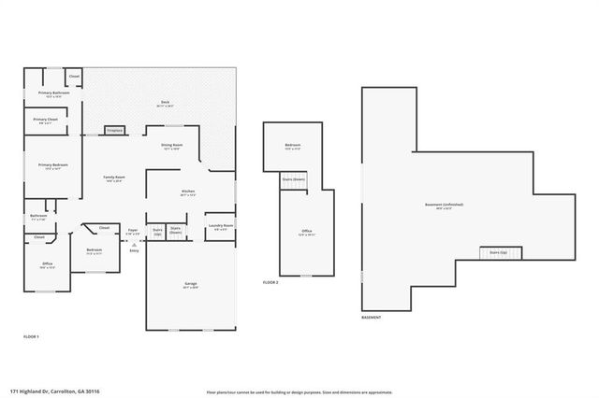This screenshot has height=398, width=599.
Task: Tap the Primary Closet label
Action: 46,121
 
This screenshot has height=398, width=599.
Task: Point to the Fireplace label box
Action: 115,131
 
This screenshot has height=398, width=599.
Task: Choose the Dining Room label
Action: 171,147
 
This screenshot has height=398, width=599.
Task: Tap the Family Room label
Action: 114,178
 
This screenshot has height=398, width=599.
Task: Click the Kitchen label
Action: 188,193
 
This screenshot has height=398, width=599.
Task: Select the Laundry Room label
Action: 221,226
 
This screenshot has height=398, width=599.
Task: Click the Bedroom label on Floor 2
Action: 293,146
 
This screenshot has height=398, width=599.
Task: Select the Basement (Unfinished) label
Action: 444,205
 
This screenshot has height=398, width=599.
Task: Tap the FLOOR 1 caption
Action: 31,335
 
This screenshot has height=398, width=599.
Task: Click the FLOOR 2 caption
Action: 270,282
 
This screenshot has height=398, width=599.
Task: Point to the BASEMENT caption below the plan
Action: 372,318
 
